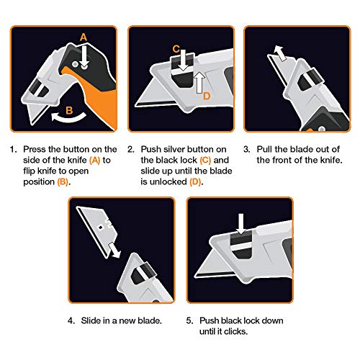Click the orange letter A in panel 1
(84, 37)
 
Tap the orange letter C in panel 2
(175, 49)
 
